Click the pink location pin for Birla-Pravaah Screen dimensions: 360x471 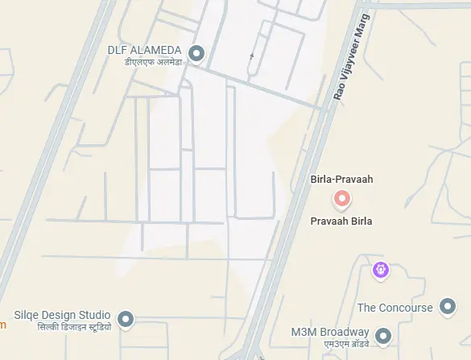[x=341, y=198]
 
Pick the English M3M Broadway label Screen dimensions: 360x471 [x=330, y=332]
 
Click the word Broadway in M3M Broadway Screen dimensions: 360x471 [x=345, y=332]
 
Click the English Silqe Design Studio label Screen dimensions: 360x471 [x=63, y=315]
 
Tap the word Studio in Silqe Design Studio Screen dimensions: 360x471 [x=95, y=315]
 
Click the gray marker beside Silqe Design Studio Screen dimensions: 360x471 [x=126, y=320]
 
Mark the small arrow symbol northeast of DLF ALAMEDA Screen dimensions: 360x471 [x=252, y=56]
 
